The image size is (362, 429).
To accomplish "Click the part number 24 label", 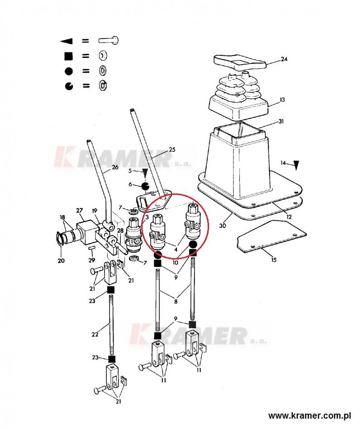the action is point(284,59).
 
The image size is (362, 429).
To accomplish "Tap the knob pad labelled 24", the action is point(240,62).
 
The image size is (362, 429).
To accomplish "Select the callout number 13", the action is point(282,99).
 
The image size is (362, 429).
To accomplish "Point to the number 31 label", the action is point(281,121).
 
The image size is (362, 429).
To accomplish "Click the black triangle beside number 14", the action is point(296,165).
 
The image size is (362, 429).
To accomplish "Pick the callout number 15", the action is point(274,259).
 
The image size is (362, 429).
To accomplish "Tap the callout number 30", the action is point(223,226).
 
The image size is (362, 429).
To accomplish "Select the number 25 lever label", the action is point(172,150).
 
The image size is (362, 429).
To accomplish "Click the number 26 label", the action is point(115,167).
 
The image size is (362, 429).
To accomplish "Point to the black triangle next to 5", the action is point(145,173).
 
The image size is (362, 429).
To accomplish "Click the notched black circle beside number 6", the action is point(145,186).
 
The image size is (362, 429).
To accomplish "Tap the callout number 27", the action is point(79,210).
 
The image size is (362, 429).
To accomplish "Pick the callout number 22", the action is point(95,335).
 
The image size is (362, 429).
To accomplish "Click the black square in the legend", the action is point(68,56).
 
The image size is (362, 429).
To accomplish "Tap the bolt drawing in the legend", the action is point(109,41).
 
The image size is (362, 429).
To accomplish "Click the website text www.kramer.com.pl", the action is point(310,416).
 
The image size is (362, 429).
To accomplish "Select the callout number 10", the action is point(176,263).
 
